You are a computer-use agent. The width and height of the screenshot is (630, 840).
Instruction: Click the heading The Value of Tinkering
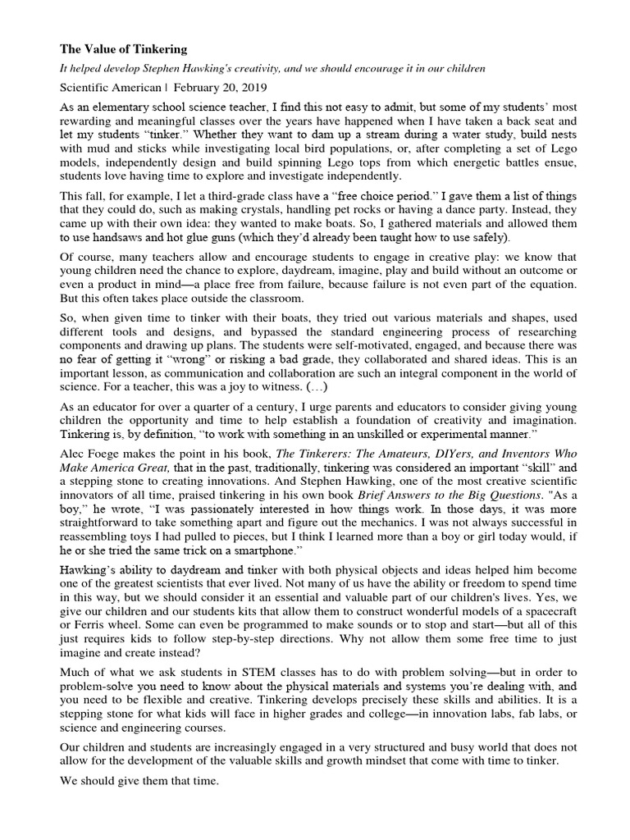(124, 49)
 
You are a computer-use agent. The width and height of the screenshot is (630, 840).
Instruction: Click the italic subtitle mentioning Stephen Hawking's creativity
(273, 69)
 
